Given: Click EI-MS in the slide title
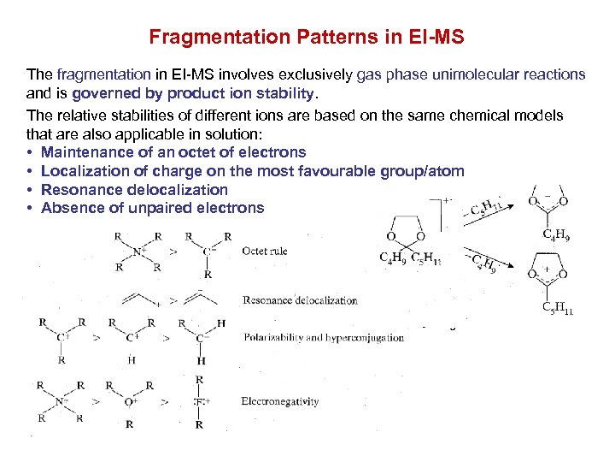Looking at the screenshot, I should pyautogui.click(x=432, y=38).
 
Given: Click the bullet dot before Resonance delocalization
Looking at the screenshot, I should pyautogui.click(x=30, y=190).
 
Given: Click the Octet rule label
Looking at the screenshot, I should pyautogui.click(x=265, y=252).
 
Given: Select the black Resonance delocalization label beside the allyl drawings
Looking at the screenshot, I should pyautogui.click(x=300, y=300).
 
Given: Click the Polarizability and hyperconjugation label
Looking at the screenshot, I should pyautogui.click(x=324, y=337).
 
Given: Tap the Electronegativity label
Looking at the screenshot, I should pyautogui.click(x=279, y=400).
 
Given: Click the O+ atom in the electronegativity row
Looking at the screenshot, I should pyautogui.click(x=130, y=400).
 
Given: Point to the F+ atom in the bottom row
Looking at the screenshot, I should pyautogui.click(x=200, y=400).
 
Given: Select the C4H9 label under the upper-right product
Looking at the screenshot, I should pyautogui.click(x=557, y=232).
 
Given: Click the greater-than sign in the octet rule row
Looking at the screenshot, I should pyautogui.click(x=174, y=252).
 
